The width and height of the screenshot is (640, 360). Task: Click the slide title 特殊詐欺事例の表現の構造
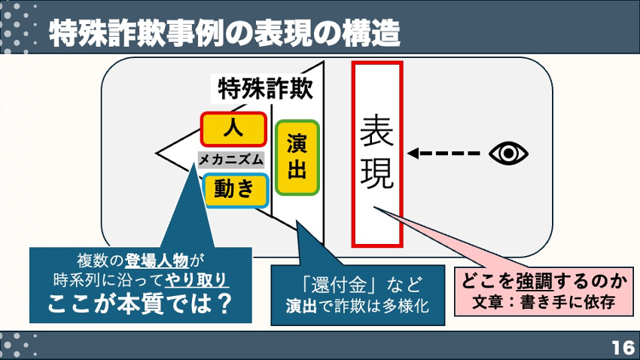tap(224, 32)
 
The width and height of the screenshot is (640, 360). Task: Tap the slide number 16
tap(623, 348)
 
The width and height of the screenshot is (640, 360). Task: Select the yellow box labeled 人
tap(233, 130)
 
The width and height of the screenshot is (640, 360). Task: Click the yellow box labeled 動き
tap(236, 191)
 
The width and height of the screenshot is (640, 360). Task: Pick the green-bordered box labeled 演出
tap(297, 157)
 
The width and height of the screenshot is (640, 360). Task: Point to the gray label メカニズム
tap(231, 160)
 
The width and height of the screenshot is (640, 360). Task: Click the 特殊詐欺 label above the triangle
tap(265, 89)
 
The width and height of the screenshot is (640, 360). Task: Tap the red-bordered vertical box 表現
tap(377, 154)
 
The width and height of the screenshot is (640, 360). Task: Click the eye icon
tap(508, 154)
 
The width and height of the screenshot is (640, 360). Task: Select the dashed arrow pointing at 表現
tap(443, 154)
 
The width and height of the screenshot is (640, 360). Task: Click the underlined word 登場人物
tap(157, 261)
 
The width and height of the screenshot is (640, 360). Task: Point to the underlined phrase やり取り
tap(197, 280)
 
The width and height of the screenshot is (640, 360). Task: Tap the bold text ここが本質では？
tap(140, 304)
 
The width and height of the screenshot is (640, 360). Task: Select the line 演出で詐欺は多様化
tap(358, 306)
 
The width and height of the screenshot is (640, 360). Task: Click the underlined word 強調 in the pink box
tap(535, 281)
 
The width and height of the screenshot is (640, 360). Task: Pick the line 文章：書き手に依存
tap(544, 302)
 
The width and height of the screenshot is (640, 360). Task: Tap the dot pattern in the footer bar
tap(19, 346)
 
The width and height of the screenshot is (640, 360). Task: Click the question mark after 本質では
tap(223, 304)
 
